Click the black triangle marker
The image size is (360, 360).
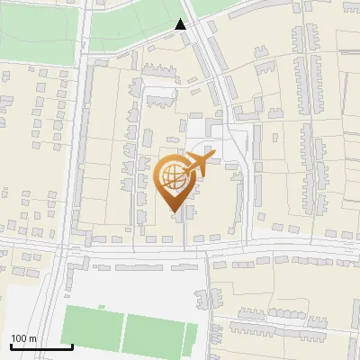[x=182, y=24]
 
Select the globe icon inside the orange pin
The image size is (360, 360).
[x=175, y=177]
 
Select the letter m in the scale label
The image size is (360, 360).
[x=32, y=338]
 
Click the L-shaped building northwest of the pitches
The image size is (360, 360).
[x=79, y=265]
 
